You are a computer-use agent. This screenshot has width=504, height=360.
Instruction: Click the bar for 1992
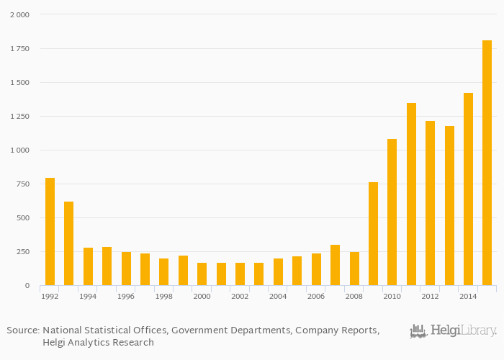(x=50, y=231)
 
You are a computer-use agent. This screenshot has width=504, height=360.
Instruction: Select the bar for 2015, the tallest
(x=487, y=163)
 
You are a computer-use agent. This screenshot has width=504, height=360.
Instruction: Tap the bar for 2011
(x=411, y=194)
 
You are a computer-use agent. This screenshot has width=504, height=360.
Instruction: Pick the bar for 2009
(x=373, y=233)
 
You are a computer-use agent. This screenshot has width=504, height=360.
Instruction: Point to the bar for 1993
(x=68, y=243)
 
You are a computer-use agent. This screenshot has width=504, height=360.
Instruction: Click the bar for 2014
(x=468, y=189)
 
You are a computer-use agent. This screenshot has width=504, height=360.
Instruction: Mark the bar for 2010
(x=392, y=212)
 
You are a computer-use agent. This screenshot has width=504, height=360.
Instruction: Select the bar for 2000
(x=202, y=274)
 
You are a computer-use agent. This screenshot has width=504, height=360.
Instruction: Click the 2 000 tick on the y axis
(x=19, y=14)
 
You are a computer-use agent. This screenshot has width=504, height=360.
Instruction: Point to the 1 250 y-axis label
(x=19, y=116)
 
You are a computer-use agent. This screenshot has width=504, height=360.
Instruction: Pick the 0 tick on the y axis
(x=27, y=286)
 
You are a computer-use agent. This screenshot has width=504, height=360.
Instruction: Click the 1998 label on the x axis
(x=163, y=296)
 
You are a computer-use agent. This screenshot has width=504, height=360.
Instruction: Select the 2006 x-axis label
(x=315, y=296)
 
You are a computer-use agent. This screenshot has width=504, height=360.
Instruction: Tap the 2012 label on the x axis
(x=430, y=296)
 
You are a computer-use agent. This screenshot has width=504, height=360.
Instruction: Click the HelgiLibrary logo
(x=453, y=331)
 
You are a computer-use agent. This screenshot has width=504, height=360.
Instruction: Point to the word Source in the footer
(x=22, y=330)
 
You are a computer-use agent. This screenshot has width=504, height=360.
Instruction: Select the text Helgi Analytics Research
(x=98, y=342)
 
